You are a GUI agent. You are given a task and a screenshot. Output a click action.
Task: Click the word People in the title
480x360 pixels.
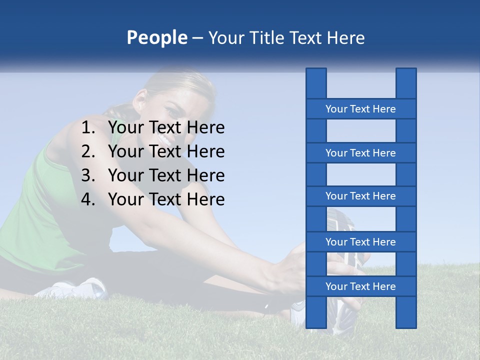(x=156, y=37)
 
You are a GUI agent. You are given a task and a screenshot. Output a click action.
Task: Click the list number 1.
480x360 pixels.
(x=88, y=128)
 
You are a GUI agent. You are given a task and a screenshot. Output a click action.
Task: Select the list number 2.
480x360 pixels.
(x=88, y=151)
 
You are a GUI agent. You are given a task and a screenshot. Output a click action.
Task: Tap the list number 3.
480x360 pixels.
(x=88, y=175)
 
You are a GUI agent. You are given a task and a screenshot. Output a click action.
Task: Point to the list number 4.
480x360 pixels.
(x=88, y=199)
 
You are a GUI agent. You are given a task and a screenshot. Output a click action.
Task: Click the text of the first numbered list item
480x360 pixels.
(x=166, y=128)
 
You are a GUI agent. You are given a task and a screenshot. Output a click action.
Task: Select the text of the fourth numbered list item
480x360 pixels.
(x=166, y=199)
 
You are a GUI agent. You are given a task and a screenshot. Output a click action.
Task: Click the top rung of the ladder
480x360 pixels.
(x=360, y=109)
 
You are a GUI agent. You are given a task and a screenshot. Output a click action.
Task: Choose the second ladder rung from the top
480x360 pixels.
(x=360, y=153)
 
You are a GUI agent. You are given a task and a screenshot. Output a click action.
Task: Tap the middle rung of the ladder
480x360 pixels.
(x=360, y=196)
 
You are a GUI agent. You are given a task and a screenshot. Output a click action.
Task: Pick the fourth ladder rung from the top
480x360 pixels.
(x=360, y=242)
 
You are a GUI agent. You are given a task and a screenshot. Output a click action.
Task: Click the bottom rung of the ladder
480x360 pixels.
(x=360, y=286)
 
